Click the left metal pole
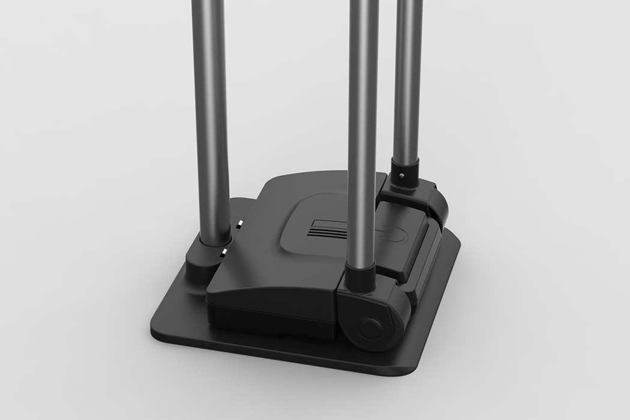click(211, 120)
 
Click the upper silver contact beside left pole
click(238, 225)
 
